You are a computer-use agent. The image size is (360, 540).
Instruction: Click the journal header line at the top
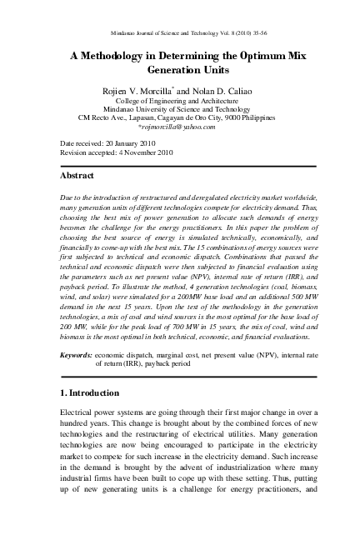tap(180, 32)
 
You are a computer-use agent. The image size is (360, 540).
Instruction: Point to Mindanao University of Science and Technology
tap(180, 109)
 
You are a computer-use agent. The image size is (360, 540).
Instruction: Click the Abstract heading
tap(77, 177)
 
